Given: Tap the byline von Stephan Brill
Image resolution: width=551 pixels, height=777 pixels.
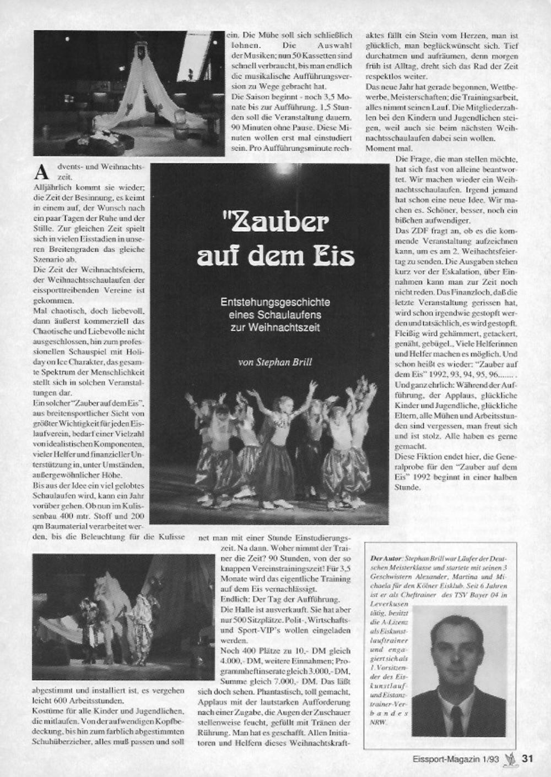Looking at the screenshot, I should (x=275, y=362).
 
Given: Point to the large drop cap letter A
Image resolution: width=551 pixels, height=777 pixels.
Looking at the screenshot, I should (x=41, y=172).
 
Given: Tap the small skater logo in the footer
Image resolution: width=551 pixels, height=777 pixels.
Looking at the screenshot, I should (x=511, y=758).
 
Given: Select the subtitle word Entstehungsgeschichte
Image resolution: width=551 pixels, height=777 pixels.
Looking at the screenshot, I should (x=275, y=302).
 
